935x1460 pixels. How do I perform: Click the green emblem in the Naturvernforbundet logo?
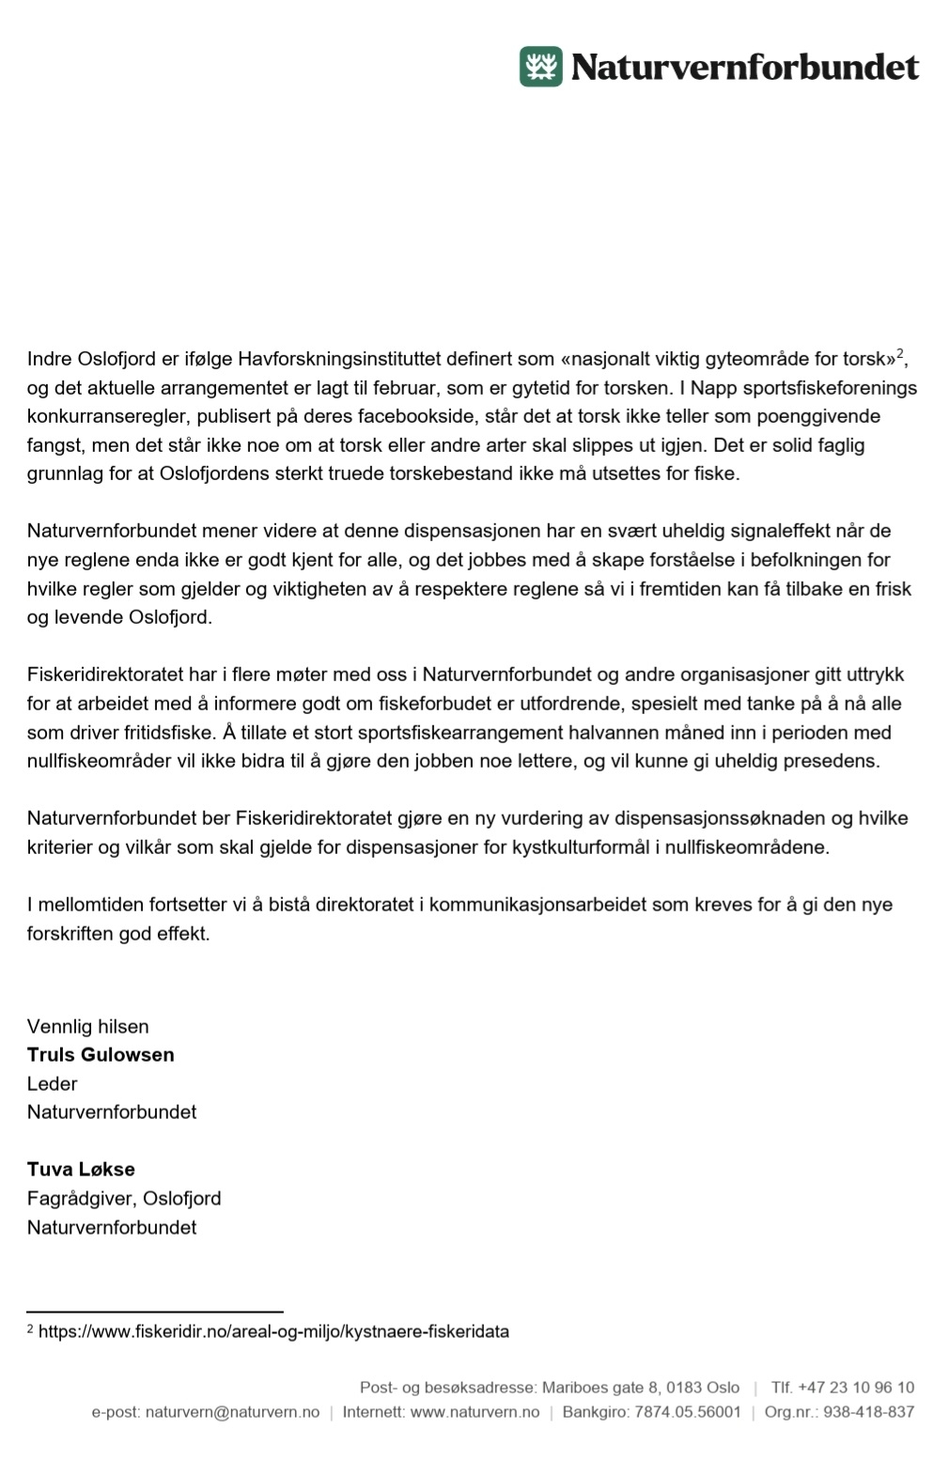[541, 67]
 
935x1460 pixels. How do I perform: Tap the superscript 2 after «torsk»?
[899, 353]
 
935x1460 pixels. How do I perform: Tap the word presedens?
[834, 761]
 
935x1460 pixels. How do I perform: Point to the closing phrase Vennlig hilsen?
[88, 1026]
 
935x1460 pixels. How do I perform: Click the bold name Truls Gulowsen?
[101, 1054]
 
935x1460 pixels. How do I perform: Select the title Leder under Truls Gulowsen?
[53, 1083]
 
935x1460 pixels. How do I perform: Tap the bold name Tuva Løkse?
[81, 1170]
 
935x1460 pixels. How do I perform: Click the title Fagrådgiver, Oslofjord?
[124, 1198]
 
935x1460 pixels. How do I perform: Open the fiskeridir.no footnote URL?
[273, 1331]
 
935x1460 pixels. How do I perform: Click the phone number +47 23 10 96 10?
[855, 1388]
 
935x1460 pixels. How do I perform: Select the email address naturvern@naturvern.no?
[232, 1412]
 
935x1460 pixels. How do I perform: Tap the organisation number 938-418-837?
[868, 1412]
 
